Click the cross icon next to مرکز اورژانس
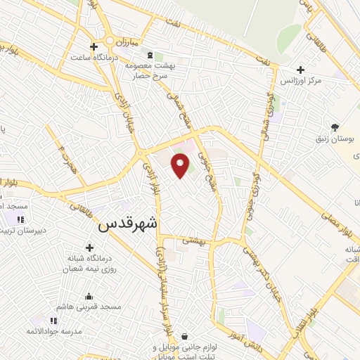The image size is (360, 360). click(x=300, y=70)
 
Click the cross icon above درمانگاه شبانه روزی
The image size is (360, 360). click(x=89, y=247)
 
